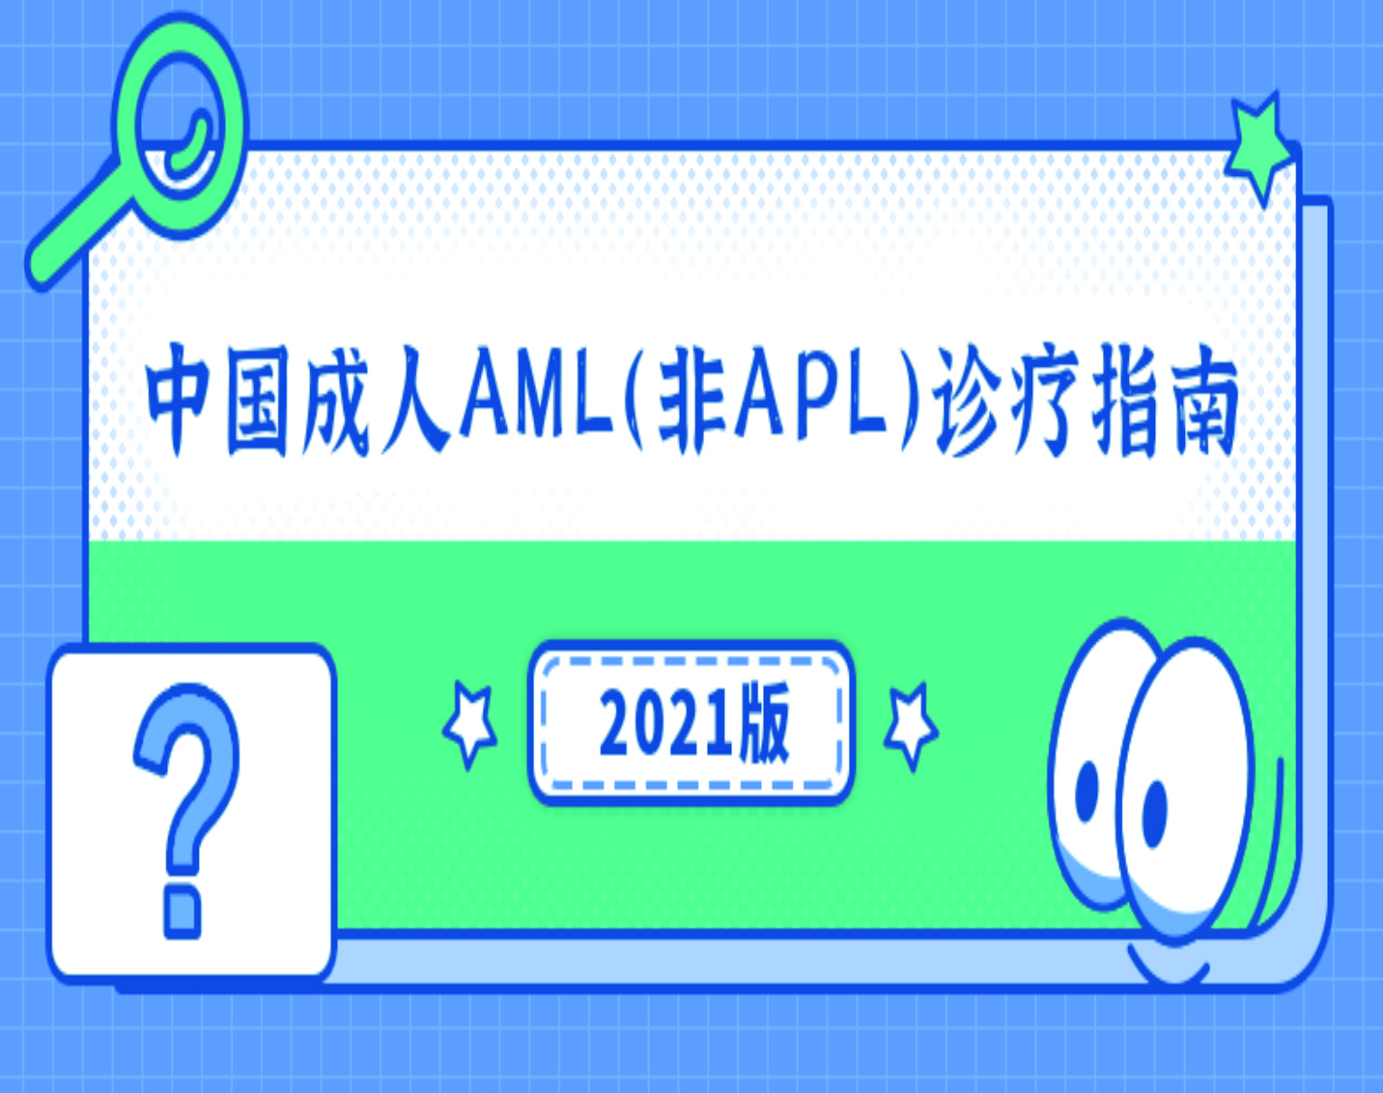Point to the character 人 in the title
coord(415,401)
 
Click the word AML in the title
coord(537,392)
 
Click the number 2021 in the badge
coord(665,724)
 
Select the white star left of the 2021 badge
coord(470,725)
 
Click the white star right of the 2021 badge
coord(910,725)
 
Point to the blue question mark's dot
coord(183,912)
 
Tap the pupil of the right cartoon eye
coord(1154,813)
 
